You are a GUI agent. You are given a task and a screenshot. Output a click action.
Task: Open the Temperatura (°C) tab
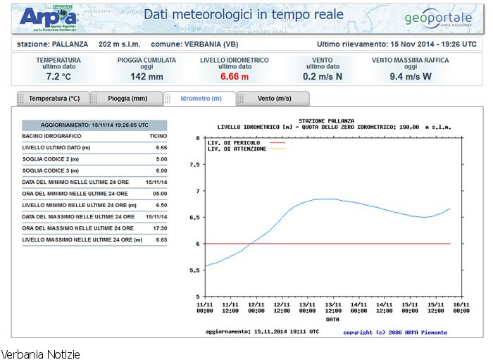[54, 99]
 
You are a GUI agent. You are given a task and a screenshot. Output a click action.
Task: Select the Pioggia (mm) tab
[127, 99]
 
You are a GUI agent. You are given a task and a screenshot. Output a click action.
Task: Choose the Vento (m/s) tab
[274, 99]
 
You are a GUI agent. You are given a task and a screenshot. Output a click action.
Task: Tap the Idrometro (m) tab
[201, 99]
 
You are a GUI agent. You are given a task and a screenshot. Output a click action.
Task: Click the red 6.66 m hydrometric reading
[235, 76]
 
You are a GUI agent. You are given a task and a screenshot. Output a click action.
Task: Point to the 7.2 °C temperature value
[58, 76]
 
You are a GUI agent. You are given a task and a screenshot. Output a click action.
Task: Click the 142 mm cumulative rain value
[147, 76]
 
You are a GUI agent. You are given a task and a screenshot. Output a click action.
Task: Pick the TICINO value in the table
[158, 135]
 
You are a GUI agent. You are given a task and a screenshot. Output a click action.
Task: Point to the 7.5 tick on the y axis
[195, 164]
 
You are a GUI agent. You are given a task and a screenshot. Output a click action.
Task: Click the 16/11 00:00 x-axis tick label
[461, 307]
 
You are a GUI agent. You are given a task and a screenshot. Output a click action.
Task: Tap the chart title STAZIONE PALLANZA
[326, 121]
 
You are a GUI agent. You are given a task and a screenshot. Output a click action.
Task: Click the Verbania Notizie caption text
[41, 354]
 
